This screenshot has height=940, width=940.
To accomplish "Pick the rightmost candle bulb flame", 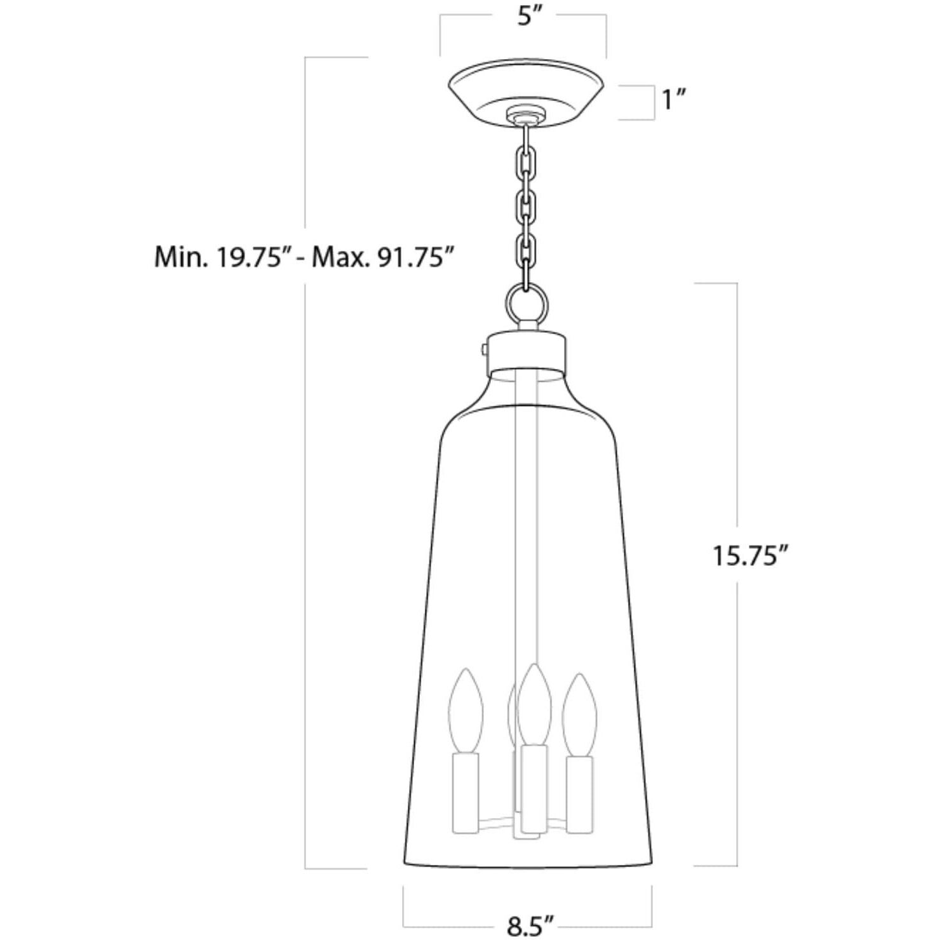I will point(579,715).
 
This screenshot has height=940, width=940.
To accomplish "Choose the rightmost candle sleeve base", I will point(580,794).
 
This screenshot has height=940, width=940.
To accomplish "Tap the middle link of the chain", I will point(527,205).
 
